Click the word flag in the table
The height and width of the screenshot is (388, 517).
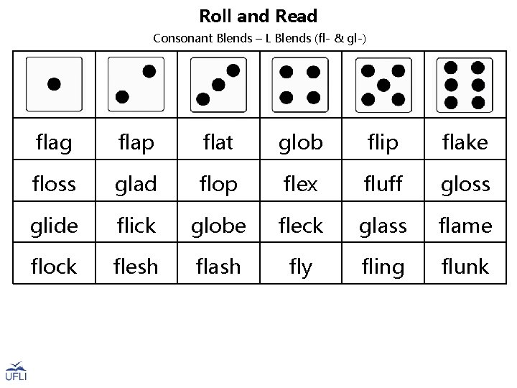54,143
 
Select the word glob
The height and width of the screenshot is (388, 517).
300,143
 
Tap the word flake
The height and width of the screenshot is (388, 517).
465,143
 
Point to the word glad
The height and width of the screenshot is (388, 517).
136,185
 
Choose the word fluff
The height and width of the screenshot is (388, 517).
383,185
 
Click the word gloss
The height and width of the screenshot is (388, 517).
465,185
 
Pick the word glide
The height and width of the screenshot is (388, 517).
54,226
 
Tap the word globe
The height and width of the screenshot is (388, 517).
218,226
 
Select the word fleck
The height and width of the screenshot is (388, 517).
300,226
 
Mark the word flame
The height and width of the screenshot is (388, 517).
465,226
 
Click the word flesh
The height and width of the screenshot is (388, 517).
136,267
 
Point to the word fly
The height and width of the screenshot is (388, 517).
300,267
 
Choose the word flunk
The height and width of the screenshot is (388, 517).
465,267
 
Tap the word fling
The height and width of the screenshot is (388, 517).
383,267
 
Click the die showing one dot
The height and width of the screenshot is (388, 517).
54,84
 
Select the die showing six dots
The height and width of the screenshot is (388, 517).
465,84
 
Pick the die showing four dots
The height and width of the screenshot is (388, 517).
300,84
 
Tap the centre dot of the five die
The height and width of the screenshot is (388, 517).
383,85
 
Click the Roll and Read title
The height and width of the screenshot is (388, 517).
258,16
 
